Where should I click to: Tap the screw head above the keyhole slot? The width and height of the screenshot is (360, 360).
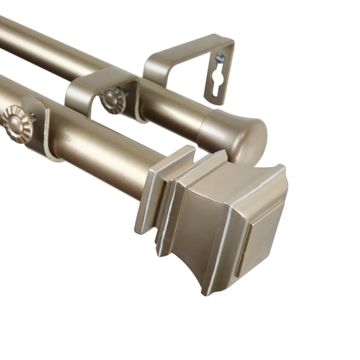click(x=220, y=58)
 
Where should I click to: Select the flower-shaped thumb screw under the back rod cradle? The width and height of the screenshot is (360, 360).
click(x=113, y=101)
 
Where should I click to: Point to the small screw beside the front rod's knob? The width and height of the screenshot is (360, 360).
click(x=32, y=117)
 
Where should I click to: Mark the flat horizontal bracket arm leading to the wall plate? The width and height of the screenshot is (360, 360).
click(x=181, y=53)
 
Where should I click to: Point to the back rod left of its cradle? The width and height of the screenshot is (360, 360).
click(x=44, y=47)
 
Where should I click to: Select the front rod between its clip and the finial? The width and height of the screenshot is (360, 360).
click(x=100, y=156)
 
